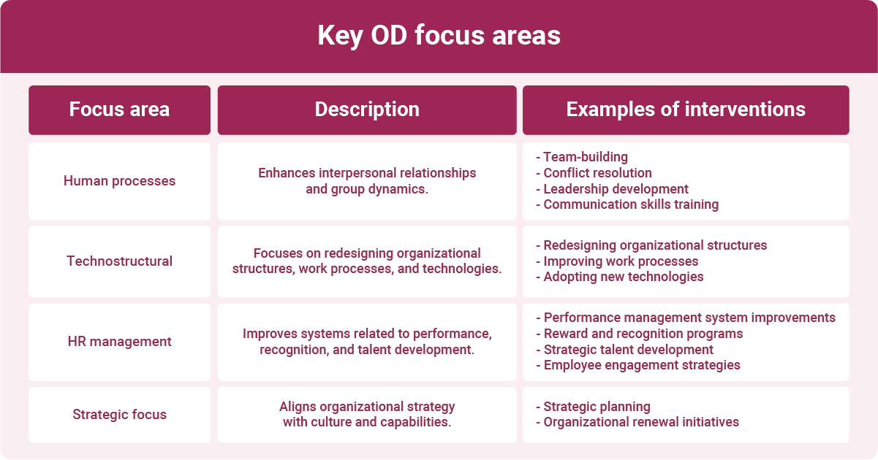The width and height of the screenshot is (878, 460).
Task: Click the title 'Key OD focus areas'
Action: (x=439, y=36)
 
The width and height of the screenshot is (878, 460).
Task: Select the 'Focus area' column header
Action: (x=119, y=110)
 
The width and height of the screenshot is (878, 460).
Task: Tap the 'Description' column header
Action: (x=367, y=110)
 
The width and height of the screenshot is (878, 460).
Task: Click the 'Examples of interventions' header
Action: (x=686, y=110)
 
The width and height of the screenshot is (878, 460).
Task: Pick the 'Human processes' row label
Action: (x=119, y=181)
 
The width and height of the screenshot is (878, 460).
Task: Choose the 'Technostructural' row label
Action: (x=119, y=261)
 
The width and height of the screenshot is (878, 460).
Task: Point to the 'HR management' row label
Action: (x=119, y=341)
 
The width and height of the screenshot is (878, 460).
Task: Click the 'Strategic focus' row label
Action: (x=119, y=415)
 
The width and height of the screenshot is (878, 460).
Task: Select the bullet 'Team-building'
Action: (x=585, y=157)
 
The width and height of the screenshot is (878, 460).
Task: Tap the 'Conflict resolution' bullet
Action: (x=597, y=173)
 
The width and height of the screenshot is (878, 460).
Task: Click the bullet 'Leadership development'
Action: (x=616, y=189)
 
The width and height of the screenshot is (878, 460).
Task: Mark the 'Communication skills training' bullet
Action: (x=631, y=204)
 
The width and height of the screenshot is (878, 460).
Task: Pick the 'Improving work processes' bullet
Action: (x=621, y=261)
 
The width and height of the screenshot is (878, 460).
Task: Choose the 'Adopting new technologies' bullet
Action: (x=623, y=277)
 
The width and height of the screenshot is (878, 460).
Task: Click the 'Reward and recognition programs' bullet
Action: (x=643, y=334)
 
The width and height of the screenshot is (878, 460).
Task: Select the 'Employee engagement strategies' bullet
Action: (x=642, y=365)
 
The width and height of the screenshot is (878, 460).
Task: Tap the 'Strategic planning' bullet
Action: (x=597, y=407)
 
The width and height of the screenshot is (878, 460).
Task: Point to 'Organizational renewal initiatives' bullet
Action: (x=641, y=422)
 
